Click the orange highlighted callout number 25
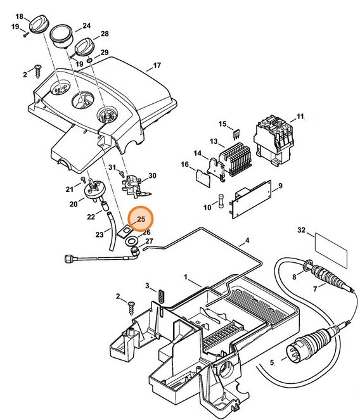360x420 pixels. tap(141, 220)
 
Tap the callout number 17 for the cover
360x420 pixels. tap(157, 65)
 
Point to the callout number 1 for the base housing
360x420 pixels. tap(187, 277)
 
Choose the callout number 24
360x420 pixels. tap(87, 26)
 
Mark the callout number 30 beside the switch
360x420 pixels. tap(151, 175)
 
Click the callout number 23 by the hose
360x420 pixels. tap(99, 234)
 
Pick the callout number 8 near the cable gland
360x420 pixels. tap(293, 276)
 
